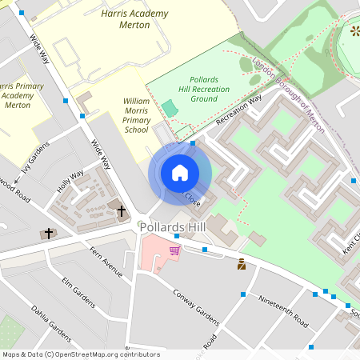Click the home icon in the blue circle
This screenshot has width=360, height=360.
(x=180, y=173)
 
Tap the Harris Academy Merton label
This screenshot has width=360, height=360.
(x=126, y=19)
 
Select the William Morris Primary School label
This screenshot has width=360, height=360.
(x=136, y=115)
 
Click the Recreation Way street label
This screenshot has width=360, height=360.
(x=238, y=110)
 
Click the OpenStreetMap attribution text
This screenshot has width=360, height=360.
(x=80, y=354)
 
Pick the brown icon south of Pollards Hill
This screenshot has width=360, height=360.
(x=242, y=264)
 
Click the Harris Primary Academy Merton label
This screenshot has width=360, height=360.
(x=18, y=94)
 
